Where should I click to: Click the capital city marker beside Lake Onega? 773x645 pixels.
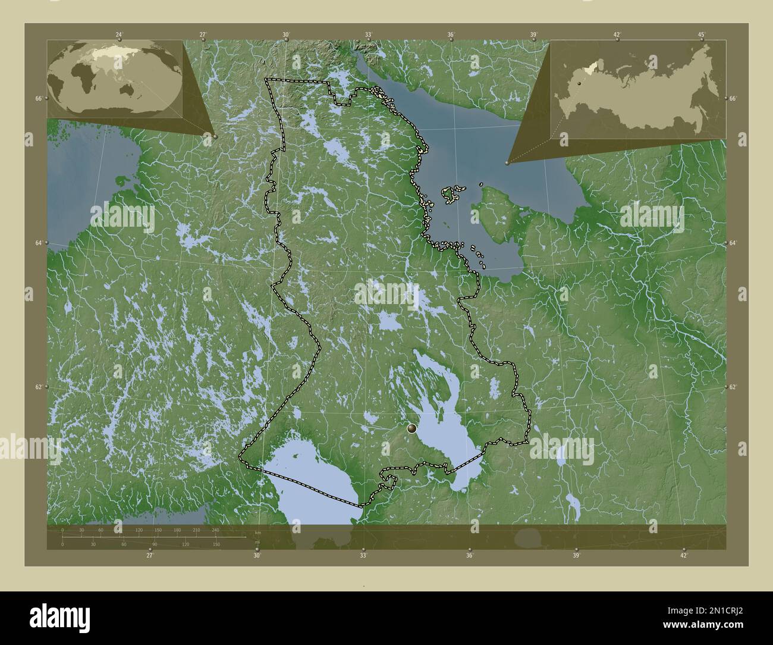[411, 428]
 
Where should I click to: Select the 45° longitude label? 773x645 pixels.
[701, 35]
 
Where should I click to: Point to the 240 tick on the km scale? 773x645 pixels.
[215, 530]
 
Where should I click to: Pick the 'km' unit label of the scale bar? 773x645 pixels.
[257, 532]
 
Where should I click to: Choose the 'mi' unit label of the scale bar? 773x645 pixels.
[257, 542]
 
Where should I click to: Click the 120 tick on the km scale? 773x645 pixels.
[139, 530]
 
